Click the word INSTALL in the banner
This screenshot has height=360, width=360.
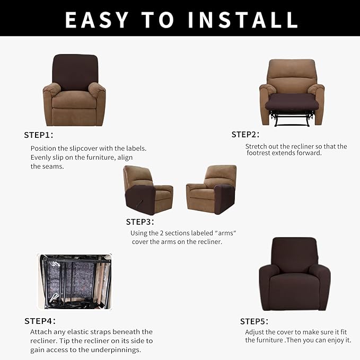pyautogui.click(x=243, y=20)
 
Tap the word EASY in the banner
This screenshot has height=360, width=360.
pyautogui.click(x=96, y=20)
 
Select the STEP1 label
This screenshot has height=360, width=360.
pyautogui.click(x=39, y=135)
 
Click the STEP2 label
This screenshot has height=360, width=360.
pyautogui.click(x=245, y=135)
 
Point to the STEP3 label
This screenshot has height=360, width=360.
pyautogui.click(x=140, y=222)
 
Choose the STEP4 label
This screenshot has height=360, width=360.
pyautogui.click(x=40, y=321)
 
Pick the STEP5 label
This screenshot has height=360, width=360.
pyautogui.click(x=254, y=321)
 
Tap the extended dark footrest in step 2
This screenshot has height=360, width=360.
pyautogui.click(x=292, y=102)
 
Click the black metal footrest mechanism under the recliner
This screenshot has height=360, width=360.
pyautogui.click(x=292, y=118)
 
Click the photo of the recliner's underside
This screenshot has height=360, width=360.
pyautogui.click(x=75, y=282)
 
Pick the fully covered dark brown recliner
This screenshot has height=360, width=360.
pyautogui.click(x=295, y=274)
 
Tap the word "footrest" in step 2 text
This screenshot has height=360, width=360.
pyautogui.click(x=259, y=153)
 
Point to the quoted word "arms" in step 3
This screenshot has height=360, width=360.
pyautogui.click(x=226, y=233)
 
